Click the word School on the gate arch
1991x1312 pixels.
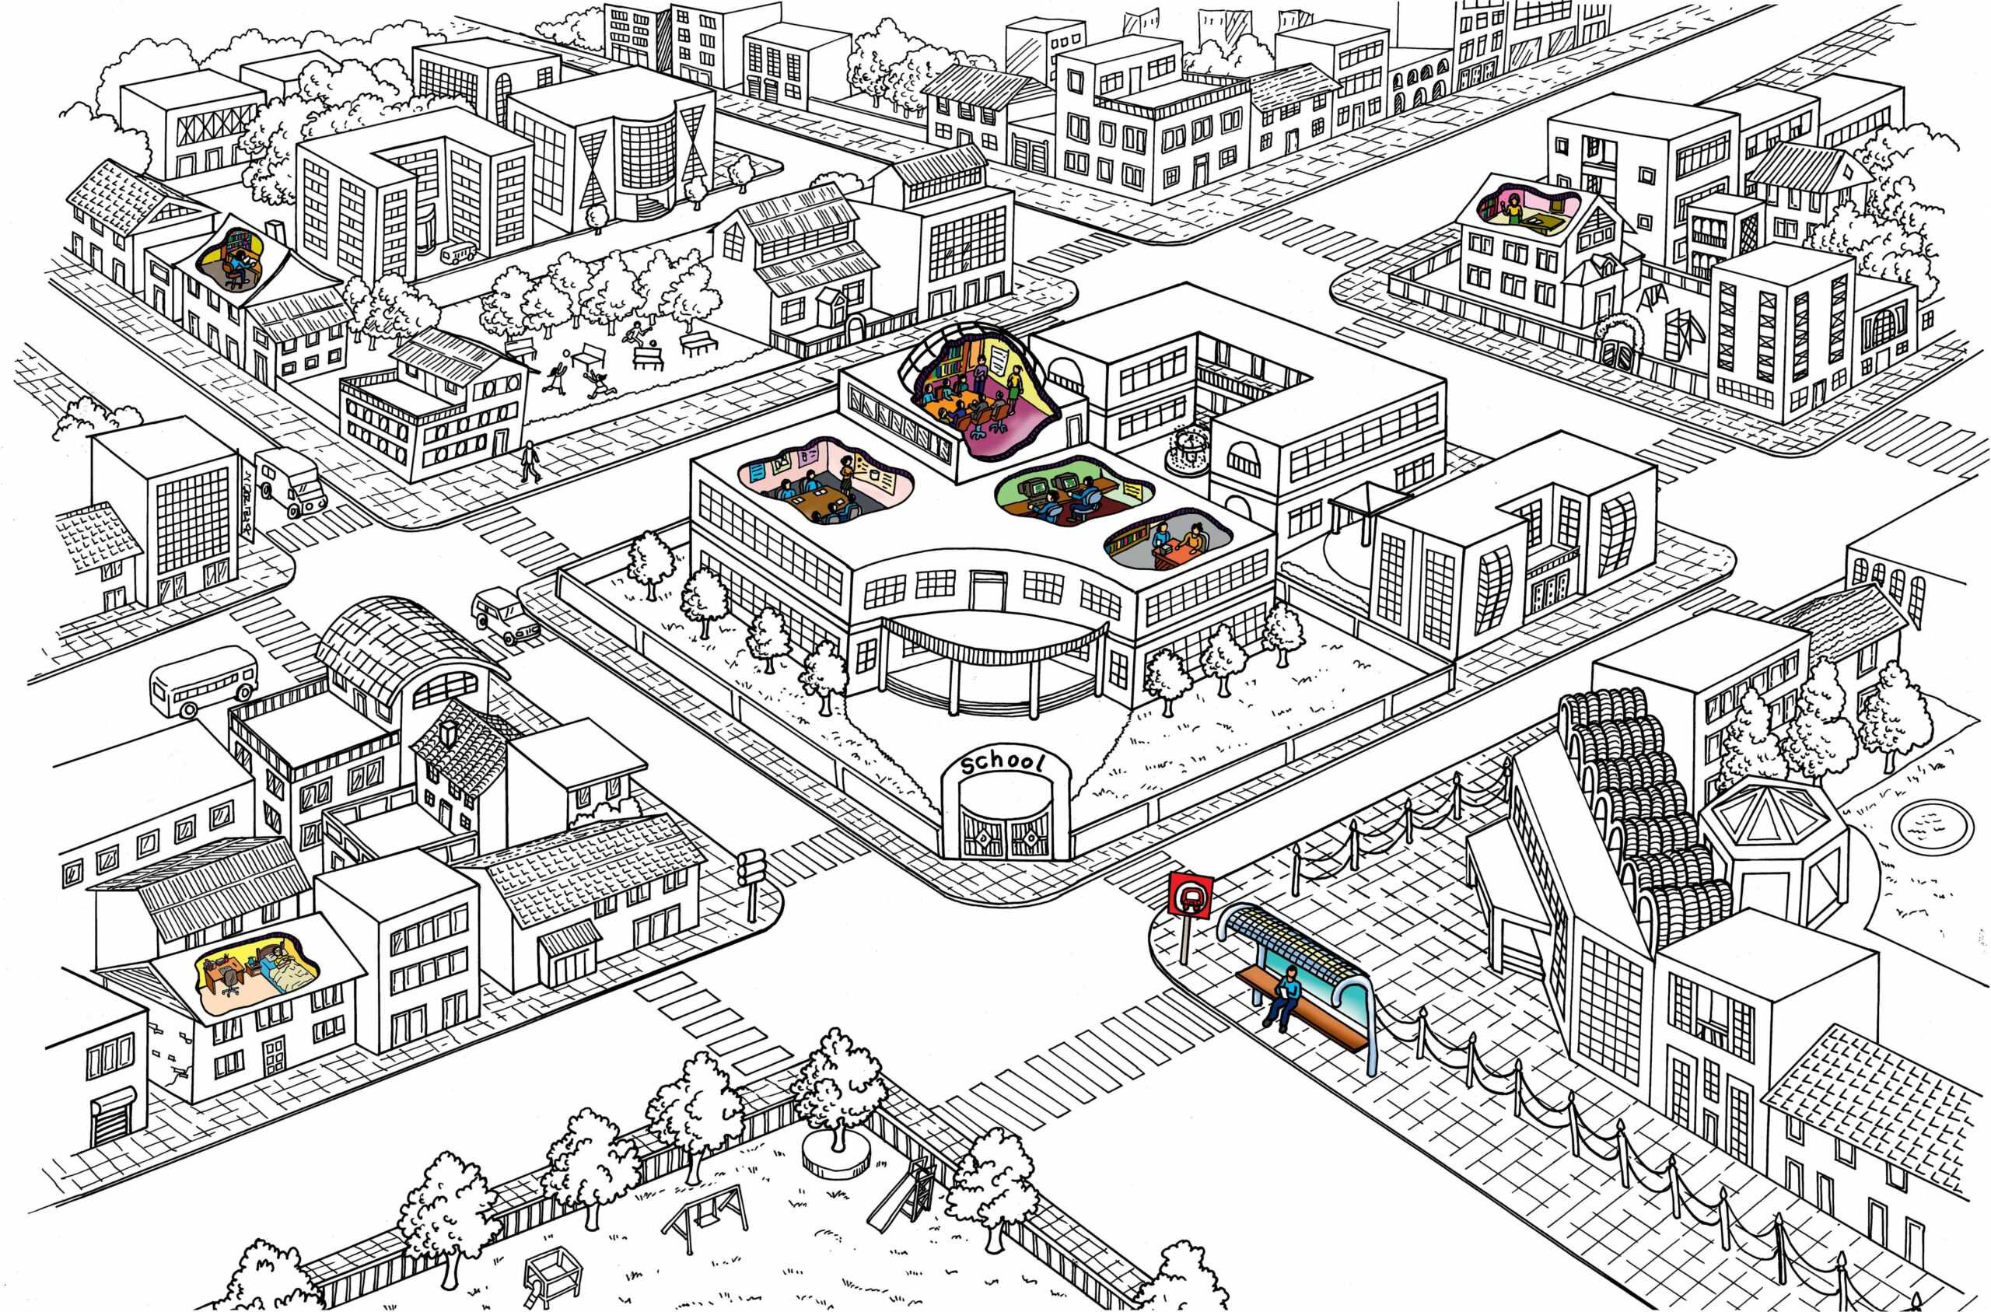tap(1003, 763)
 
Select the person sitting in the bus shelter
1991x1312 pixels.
tap(1283, 995)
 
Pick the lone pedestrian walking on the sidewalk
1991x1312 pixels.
tap(530, 461)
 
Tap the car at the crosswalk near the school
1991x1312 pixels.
tap(506, 617)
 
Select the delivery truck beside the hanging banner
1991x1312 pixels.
tap(289, 482)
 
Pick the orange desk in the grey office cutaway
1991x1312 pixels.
tap(1177, 550)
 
